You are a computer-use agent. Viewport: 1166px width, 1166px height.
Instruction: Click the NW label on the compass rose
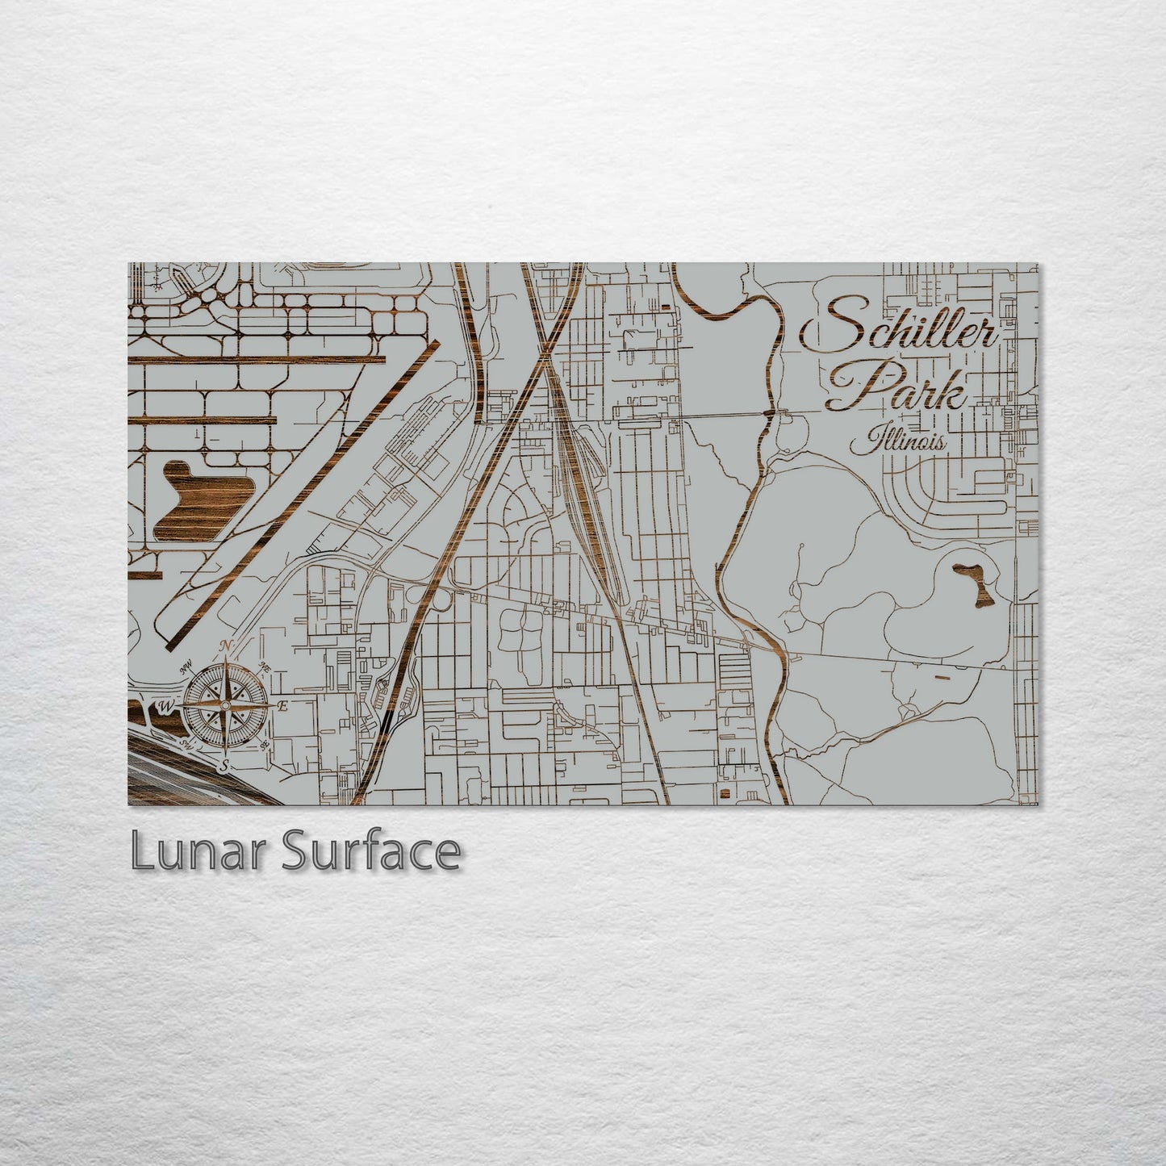click(186, 666)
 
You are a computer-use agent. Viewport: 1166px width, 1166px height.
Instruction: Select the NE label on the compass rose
click(264, 667)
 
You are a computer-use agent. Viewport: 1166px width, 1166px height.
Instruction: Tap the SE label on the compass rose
click(264, 744)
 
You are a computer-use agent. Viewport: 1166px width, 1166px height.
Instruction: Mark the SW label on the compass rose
click(186, 744)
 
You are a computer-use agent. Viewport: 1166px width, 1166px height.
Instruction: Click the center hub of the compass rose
click(225, 706)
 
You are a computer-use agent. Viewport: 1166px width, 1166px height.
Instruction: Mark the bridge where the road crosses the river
click(771, 413)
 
